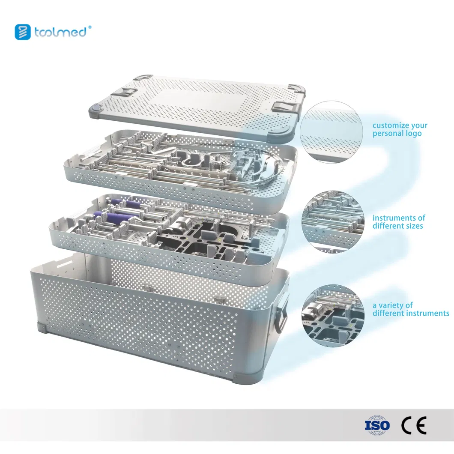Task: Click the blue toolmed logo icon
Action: [x=23, y=32]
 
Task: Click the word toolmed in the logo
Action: [x=60, y=32]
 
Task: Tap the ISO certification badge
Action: [x=377, y=425]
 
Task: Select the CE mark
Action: [x=414, y=425]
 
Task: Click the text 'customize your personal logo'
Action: [x=400, y=129]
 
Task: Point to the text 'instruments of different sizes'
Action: [x=399, y=222]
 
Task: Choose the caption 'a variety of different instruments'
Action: [x=411, y=309]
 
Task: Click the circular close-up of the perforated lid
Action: [x=331, y=132]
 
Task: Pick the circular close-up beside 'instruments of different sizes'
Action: [x=333, y=222]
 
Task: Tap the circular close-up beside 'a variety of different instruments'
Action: [x=333, y=316]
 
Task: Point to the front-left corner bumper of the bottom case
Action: [x=41, y=328]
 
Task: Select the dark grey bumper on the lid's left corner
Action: [x=96, y=109]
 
